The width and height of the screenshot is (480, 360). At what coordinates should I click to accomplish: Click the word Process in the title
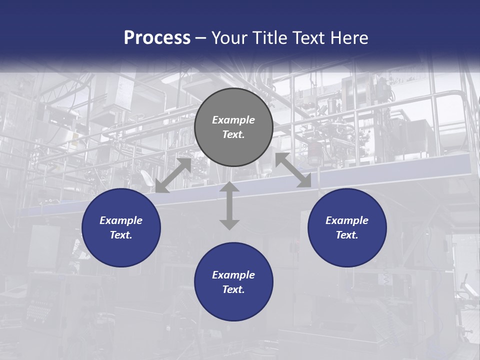[x=157, y=38]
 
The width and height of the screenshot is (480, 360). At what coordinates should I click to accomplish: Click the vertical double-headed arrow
[x=229, y=205]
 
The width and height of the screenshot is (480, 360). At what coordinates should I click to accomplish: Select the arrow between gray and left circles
[x=173, y=175]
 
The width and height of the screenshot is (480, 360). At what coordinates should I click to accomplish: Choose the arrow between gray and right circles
[x=293, y=170]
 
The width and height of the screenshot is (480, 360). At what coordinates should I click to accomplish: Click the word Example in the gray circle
[x=233, y=120]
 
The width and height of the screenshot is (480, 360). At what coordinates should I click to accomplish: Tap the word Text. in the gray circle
[x=233, y=134]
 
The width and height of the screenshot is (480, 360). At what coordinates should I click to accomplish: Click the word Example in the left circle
[x=121, y=220]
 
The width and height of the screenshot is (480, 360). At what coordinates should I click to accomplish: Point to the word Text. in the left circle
[x=121, y=235]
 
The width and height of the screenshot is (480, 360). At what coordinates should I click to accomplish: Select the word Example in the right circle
[x=347, y=220]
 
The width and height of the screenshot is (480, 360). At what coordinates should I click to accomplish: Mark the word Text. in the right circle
[x=347, y=235]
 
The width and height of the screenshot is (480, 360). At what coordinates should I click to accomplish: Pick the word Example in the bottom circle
[x=233, y=275]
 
